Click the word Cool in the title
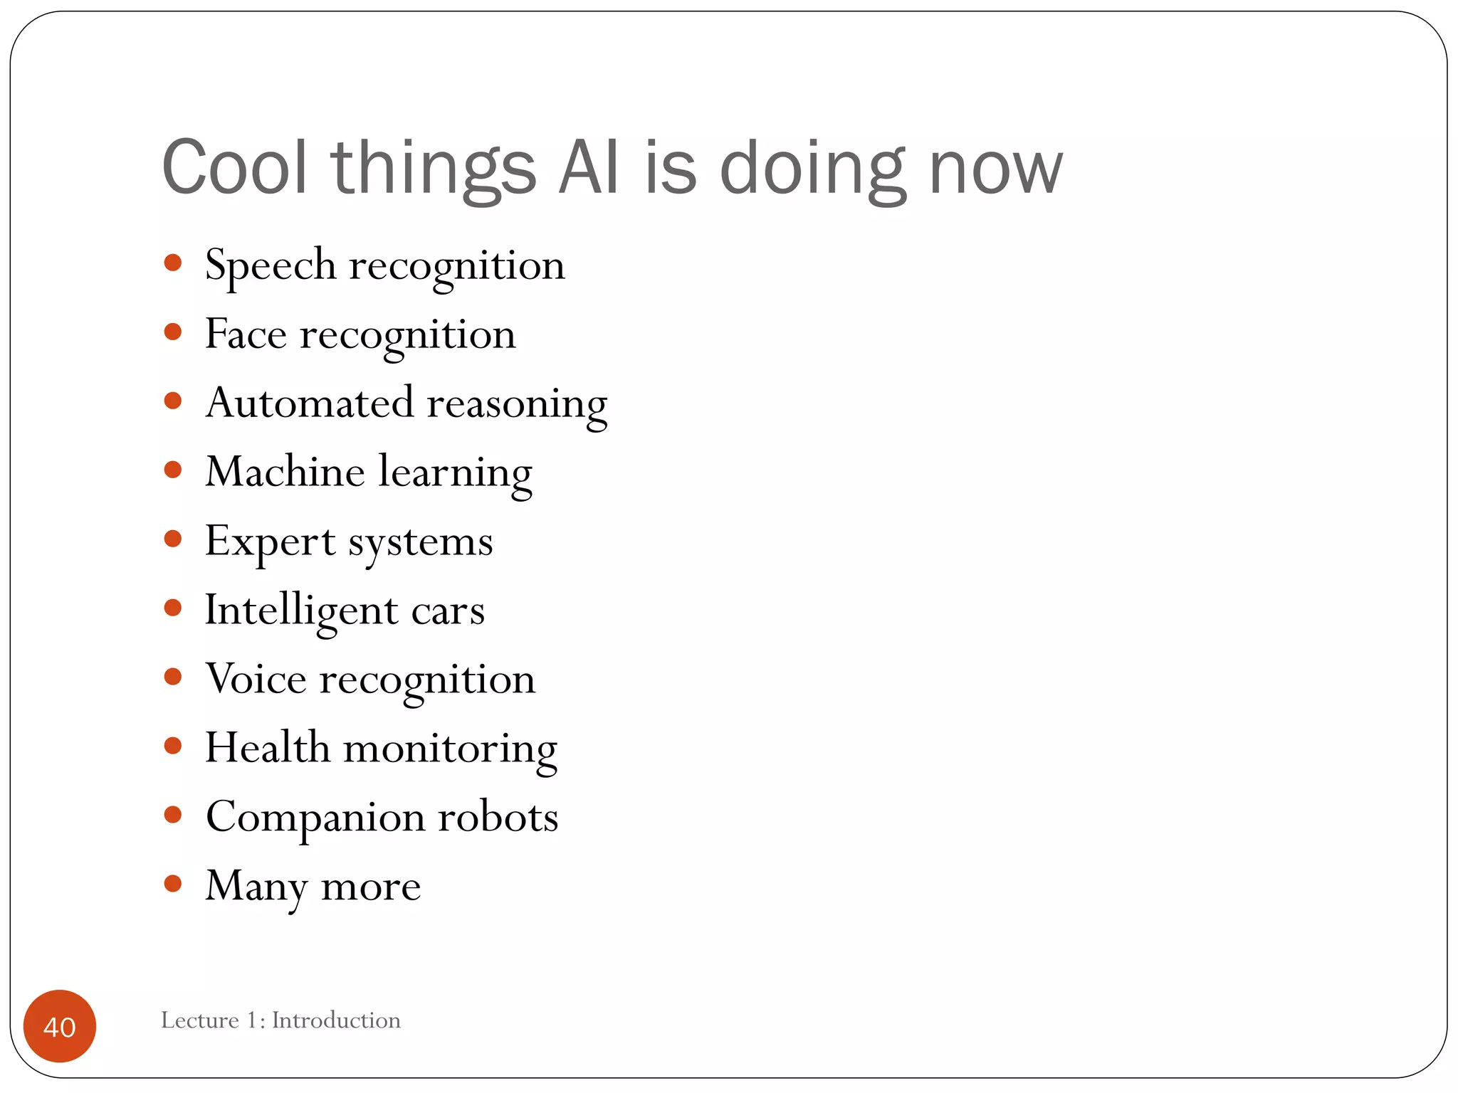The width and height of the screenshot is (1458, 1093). click(x=235, y=168)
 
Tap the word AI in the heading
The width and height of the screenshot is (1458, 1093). click(x=588, y=168)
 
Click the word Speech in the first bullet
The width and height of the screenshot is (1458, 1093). click(x=271, y=266)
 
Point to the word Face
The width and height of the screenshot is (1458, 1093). click(x=246, y=334)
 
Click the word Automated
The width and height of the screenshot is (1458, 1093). click(x=310, y=403)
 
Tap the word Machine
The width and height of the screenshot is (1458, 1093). click(x=285, y=472)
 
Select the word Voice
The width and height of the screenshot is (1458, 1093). click(x=256, y=679)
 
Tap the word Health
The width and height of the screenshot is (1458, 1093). click(x=268, y=748)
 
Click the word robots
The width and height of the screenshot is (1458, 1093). click(x=498, y=817)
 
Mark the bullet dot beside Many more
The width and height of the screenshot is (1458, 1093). click(x=172, y=884)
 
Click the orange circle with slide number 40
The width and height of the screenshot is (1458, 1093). click(x=60, y=1026)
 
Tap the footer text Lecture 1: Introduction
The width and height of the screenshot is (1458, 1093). click(x=280, y=1020)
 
